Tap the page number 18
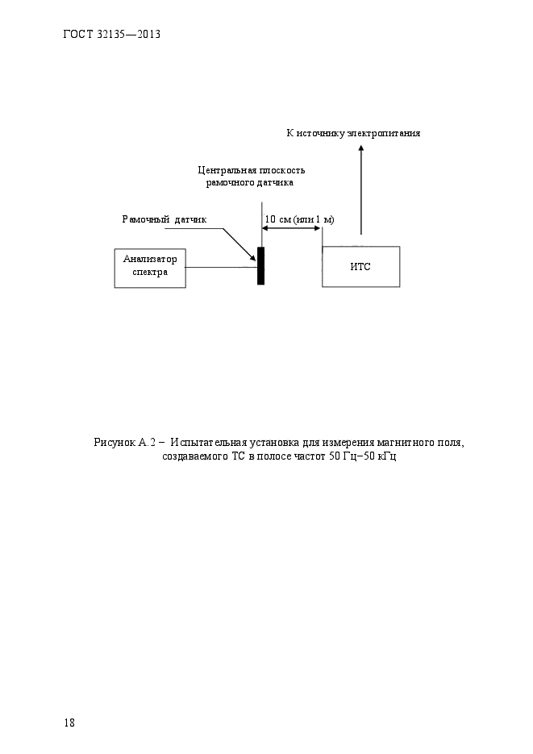69,723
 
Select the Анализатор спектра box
150,266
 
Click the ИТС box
360,266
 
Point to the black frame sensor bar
260,266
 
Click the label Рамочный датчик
164,219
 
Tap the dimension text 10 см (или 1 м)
299,219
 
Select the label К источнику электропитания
353,133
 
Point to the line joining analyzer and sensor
222,267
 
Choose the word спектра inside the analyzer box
150,273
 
